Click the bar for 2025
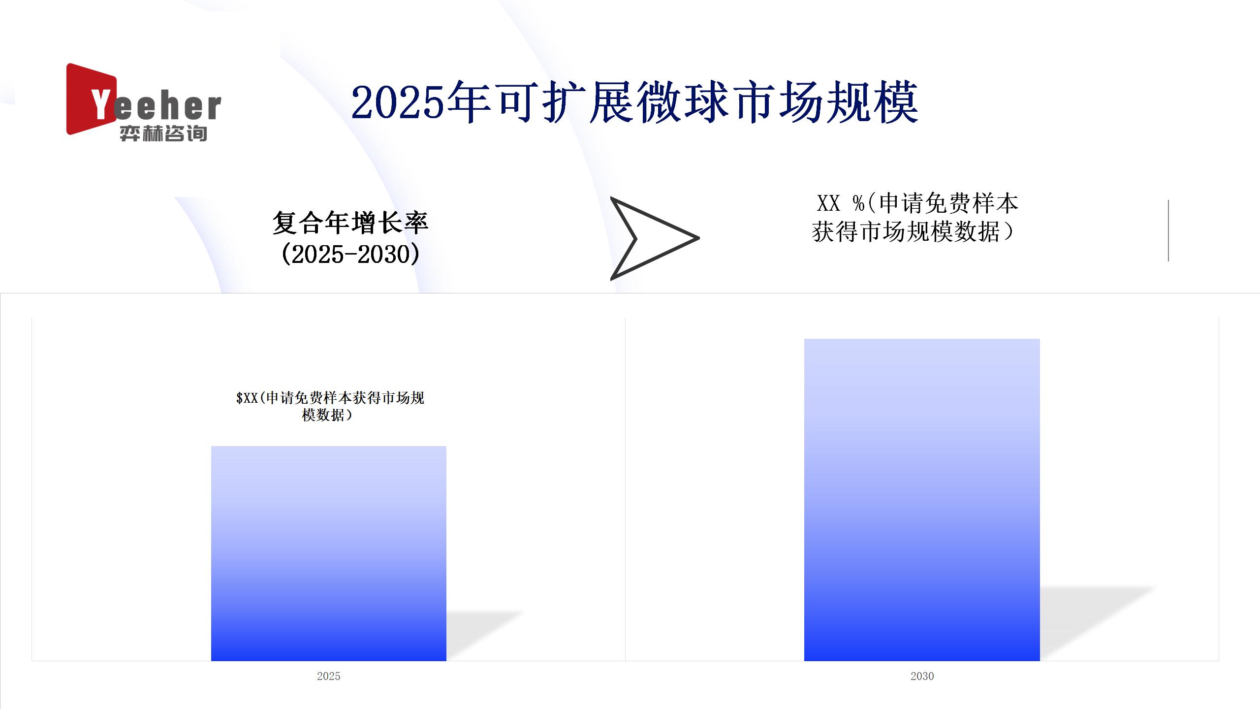pos(328,553)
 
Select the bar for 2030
pos(922,500)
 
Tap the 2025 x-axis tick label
pos(328,676)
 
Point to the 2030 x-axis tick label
pos(922,676)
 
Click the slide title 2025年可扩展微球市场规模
pos(635,102)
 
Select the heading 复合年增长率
pos(350,223)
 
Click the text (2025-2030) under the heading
pos(350,254)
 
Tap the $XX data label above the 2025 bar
pos(330,406)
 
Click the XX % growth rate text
pos(914,217)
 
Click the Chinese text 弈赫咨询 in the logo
pos(163,133)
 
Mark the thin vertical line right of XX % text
pos(1168,230)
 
